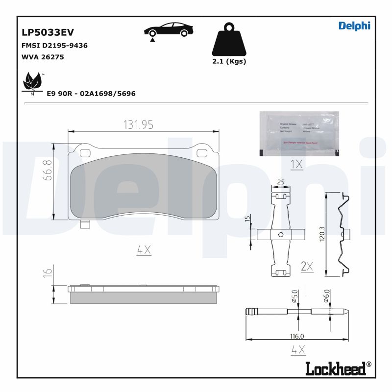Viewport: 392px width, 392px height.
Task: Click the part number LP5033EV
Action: tap(48, 32)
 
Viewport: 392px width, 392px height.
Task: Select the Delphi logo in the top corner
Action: tap(354, 25)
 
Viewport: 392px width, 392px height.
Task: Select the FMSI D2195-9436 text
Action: tap(54, 46)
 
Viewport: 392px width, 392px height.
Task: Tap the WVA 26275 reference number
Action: tap(43, 57)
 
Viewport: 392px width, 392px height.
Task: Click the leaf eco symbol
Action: tap(33, 82)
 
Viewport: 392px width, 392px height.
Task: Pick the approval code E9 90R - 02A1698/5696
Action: tap(91, 93)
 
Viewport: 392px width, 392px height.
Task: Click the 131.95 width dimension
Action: tap(138, 125)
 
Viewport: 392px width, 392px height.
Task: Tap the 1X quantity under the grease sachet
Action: tap(296, 165)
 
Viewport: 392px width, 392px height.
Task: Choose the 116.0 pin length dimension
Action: tap(296, 336)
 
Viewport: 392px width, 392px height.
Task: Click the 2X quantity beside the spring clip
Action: tap(307, 266)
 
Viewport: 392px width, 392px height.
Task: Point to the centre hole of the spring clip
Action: tap(280, 235)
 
